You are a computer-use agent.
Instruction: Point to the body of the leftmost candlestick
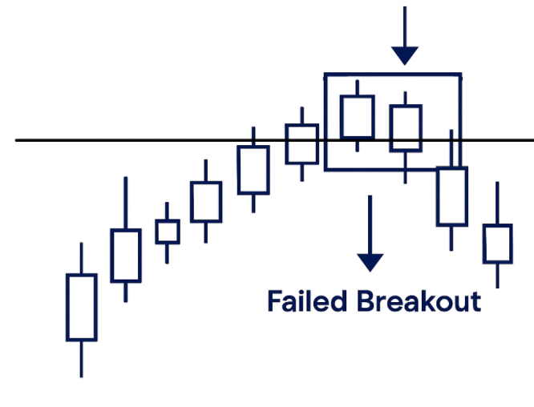click(x=81, y=307)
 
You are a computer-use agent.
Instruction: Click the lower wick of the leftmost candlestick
click(x=81, y=358)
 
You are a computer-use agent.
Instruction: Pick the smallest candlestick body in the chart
click(x=168, y=232)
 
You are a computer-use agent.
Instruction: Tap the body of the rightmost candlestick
click(x=497, y=244)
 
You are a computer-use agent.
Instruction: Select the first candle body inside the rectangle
click(x=358, y=117)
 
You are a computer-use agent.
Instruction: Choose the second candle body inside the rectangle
click(x=406, y=128)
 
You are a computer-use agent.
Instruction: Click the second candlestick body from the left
click(x=125, y=256)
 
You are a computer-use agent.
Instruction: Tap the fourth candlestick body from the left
click(x=205, y=202)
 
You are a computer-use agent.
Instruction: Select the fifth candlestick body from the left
click(x=253, y=170)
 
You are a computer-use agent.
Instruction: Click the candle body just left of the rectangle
click(x=302, y=144)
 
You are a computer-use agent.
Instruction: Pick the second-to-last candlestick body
click(x=451, y=196)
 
